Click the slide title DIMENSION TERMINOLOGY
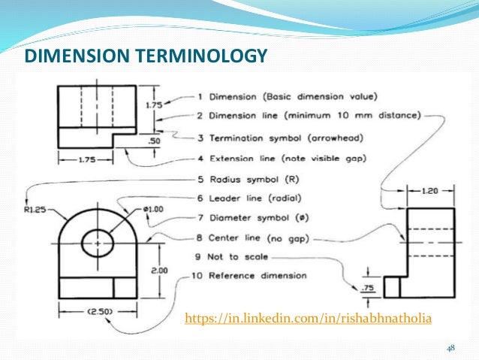pos(146,56)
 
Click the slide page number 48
pos(450,348)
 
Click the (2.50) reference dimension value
pos(78,311)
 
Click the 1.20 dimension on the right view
pos(429,192)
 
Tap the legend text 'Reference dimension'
pos(258,275)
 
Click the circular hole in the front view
pos(98,242)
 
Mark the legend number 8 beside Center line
pos(198,237)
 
